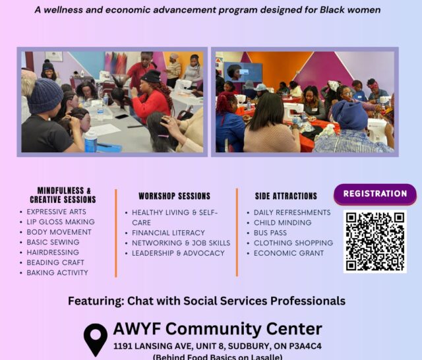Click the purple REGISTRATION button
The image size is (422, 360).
click(375, 195)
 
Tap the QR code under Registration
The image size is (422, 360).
click(375, 241)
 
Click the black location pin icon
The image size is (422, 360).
click(96, 340)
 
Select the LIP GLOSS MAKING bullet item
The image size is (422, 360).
click(61, 222)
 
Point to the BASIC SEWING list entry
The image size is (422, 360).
click(53, 242)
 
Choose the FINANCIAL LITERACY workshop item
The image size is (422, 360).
click(168, 233)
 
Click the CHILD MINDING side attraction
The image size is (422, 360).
click(283, 223)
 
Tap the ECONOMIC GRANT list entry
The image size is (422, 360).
click(289, 253)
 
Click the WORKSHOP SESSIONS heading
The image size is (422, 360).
click(174, 196)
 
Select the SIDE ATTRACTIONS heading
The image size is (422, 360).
click(286, 196)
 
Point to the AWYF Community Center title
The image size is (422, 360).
click(218, 329)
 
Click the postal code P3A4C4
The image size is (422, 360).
click(305, 346)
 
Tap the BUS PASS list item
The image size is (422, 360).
click(270, 233)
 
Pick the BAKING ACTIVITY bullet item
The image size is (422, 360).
click(57, 273)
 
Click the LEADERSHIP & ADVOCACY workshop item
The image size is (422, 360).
click(178, 253)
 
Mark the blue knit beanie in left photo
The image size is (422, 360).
click(45, 96)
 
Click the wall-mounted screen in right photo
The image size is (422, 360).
click(243, 72)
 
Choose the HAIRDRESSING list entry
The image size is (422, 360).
click(53, 253)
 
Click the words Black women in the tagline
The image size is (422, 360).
click(350, 10)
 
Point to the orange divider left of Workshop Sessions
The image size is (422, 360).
click(116, 233)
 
